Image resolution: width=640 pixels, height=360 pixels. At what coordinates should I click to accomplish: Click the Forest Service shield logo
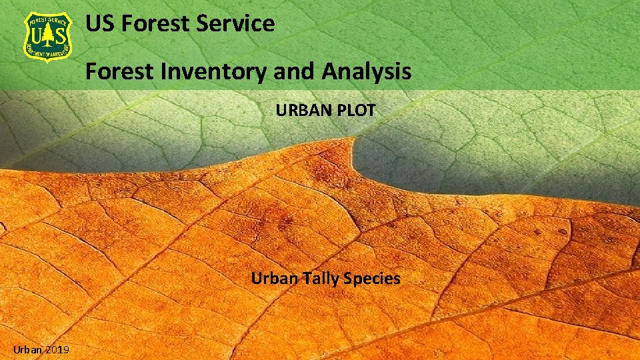49,37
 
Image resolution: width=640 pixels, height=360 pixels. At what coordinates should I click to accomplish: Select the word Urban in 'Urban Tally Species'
273,278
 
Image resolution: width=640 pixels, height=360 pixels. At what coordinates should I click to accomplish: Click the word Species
372,278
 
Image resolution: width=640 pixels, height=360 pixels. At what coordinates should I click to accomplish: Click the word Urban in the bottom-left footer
27,349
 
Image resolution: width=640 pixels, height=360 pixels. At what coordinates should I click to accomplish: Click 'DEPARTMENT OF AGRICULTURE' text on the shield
49,53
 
